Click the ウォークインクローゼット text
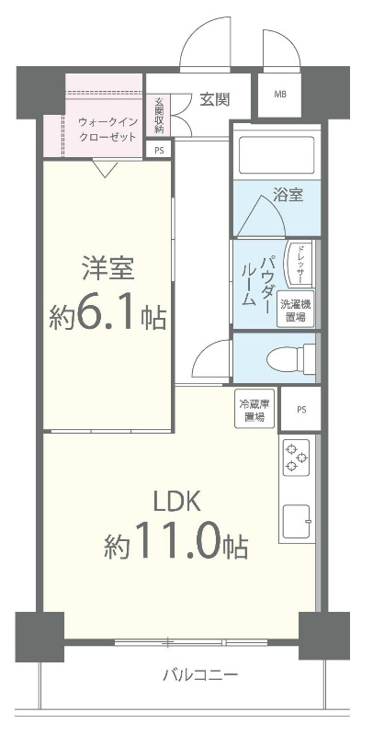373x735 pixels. tap(107, 129)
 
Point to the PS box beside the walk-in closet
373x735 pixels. tap(159, 150)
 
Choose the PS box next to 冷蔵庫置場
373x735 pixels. tap(300, 411)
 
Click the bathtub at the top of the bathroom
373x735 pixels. tap(276, 156)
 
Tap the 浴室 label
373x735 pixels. tap(288, 195)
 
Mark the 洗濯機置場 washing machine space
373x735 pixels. tap(294, 311)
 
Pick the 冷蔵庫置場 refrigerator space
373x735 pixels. tap(254, 411)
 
